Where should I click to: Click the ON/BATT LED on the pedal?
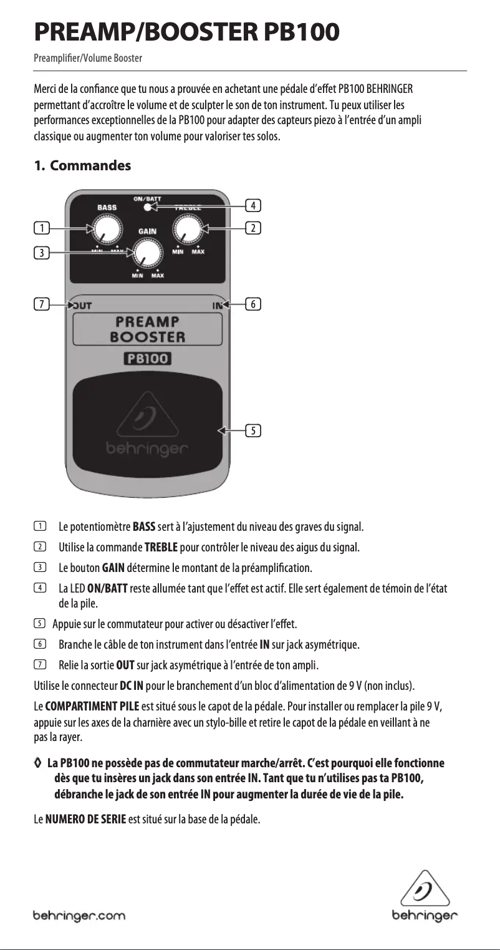[x=147, y=206]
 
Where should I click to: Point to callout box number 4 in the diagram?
[x=253, y=205]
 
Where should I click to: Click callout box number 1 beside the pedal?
[x=42, y=228]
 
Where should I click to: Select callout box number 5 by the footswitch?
[x=253, y=430]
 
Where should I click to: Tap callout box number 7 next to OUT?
[x=42, y=304]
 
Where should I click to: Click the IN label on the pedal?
[x=216, y=304]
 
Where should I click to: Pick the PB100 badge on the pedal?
[x=147, y=359]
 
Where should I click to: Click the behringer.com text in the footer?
[x=79, y=916]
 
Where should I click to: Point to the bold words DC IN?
[x=132, y=687]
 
